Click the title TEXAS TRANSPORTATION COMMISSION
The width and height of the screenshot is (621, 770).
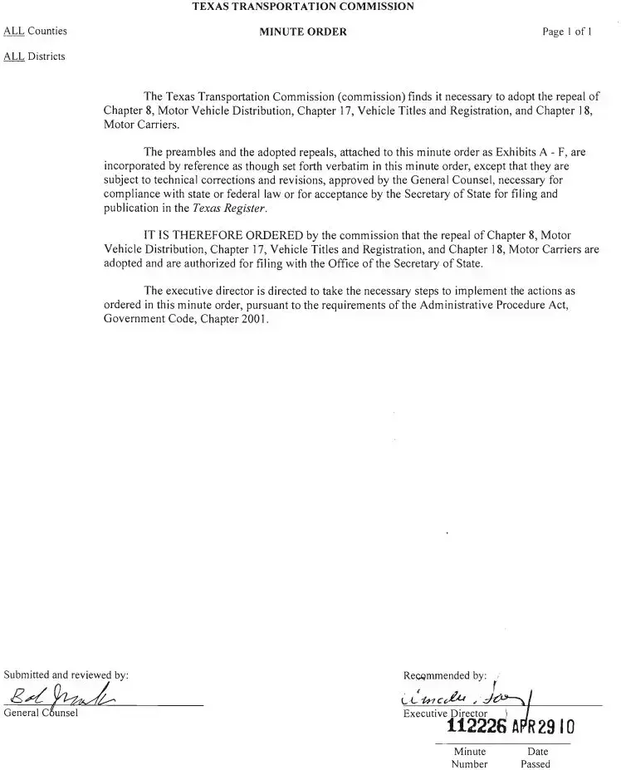[x=303, y=7]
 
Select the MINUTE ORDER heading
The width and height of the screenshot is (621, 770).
[x=303, y=32]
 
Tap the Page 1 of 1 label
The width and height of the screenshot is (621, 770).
[x=567, y=32]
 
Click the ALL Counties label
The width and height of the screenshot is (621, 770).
[x=35, y=32]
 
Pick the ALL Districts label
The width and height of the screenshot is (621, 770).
[x=34, y=56]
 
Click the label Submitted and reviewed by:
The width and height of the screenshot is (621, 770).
[x=66, y=674]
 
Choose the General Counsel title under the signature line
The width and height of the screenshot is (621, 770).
[x=41, y=713]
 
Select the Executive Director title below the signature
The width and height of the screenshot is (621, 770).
[x=445, y=714]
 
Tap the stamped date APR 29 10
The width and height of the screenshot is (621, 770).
[x=544, y=728]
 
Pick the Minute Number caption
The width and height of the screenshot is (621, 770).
[x=469, y=758]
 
